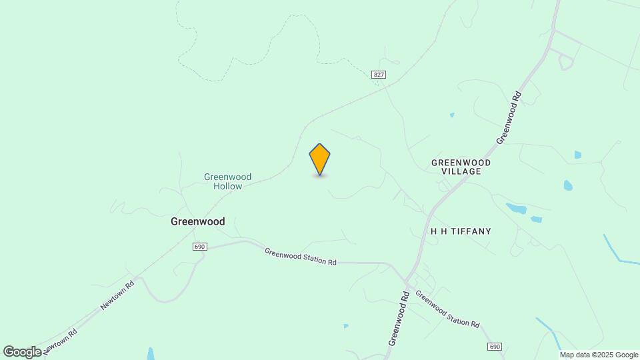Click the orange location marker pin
[x=320, y=159]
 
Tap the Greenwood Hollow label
[x=227, y=181]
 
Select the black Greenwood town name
[x=197, y=221]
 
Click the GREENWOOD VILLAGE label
[x=461, y=167]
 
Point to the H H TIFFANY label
[x=461, y=231]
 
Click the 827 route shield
[x=379, y=75]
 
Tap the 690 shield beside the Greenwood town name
[x=200, y=247]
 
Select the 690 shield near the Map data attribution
[x=494, y=347]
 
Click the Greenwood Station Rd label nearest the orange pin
[x=300, y=257]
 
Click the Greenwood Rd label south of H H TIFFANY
[x=397, y=318]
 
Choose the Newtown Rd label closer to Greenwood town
[x=117, y=294]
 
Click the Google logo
[x=22, y=351]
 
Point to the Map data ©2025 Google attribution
[x=599, y=355]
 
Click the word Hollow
[x=227, y=187]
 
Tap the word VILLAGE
[x=461, y=171]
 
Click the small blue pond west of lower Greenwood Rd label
[x=346, y=325]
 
